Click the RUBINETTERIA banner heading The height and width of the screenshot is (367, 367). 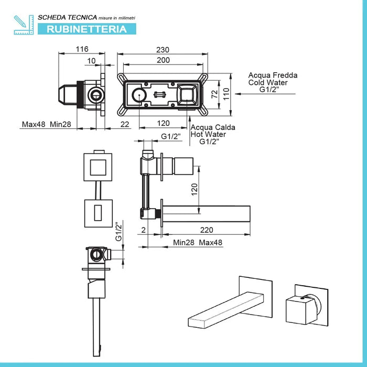(87, 29)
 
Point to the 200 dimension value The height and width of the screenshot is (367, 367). (164, 60)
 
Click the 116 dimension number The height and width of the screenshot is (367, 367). (81, 49)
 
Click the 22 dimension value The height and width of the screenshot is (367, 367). (124, 124)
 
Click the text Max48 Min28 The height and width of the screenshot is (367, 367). (46, 124)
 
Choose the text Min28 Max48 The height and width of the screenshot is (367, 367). (198, 243)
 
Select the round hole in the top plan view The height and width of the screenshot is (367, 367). (139, 95)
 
